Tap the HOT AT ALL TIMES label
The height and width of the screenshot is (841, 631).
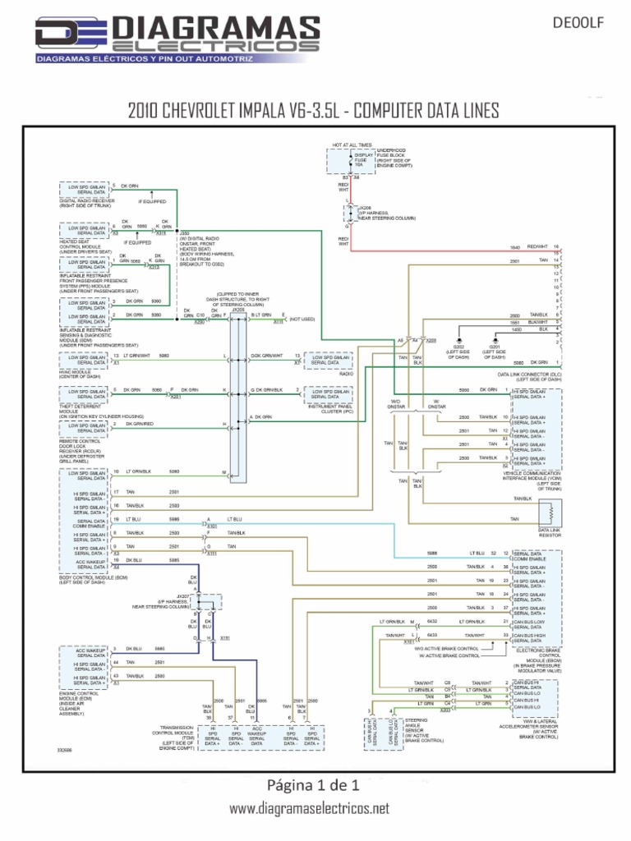[x=352, y=145]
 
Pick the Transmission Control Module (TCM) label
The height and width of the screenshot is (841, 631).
[x=173, y=736]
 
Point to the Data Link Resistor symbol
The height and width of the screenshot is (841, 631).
[x=549, y=515]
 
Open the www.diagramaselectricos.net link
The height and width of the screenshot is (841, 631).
[x=309, y=809]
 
